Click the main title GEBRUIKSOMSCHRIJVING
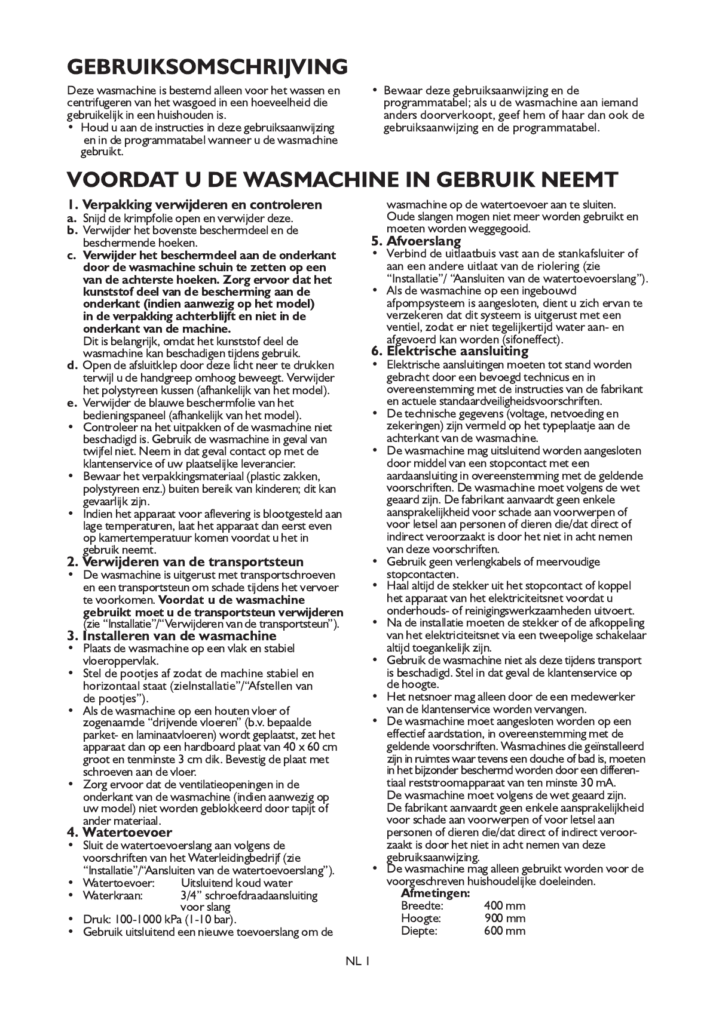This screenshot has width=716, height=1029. click(207, 66)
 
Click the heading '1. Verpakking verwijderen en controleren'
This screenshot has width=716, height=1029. click(194, 205)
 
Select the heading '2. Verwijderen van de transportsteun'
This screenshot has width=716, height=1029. click(185, 561)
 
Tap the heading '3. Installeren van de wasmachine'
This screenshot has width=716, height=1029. click(172, 635)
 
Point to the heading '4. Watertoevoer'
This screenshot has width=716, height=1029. click(120, 832)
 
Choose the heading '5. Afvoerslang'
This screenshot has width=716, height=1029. click(416, 241)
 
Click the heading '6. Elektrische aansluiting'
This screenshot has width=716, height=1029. click(450, 351)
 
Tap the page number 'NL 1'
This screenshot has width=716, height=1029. click(358, 961)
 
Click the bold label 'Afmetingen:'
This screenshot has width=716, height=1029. click(435, 893)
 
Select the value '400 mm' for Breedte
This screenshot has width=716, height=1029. click(505, 905)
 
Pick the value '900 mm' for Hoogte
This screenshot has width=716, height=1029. click(505, 918)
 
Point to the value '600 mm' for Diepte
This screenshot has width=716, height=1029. click(505, 930)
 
